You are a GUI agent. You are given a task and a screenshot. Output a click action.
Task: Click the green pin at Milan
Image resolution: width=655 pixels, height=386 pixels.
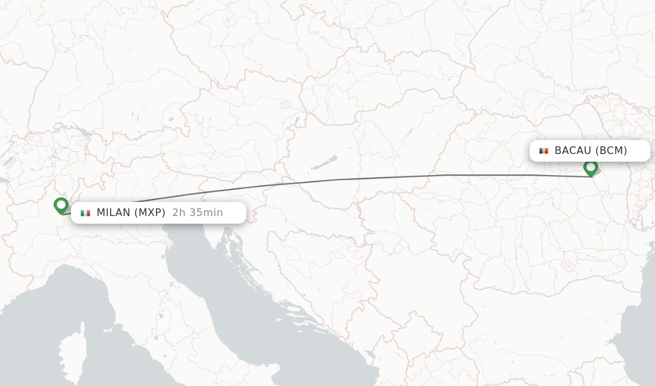(61, 205)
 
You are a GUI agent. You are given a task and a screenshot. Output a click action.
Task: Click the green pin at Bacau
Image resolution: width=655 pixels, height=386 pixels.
(590, 167)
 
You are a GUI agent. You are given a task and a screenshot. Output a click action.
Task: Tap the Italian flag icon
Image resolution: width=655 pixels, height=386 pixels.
(85, 213)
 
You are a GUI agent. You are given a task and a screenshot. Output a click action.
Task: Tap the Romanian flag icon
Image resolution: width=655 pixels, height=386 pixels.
(544, 151)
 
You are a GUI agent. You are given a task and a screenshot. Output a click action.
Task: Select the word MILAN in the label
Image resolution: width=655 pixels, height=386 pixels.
(113, 213)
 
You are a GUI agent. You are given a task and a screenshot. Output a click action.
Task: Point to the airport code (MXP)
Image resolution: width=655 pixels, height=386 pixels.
(150, 213)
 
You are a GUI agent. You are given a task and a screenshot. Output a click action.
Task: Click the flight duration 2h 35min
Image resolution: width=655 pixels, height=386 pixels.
(198, 213)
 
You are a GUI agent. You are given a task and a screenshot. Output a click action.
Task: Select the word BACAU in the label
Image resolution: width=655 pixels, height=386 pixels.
(572, 151)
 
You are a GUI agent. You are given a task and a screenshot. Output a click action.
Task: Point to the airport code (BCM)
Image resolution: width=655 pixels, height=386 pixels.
(611, 151)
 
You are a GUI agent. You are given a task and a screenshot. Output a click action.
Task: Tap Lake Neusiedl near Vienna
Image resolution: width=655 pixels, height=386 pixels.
(297, 121)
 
